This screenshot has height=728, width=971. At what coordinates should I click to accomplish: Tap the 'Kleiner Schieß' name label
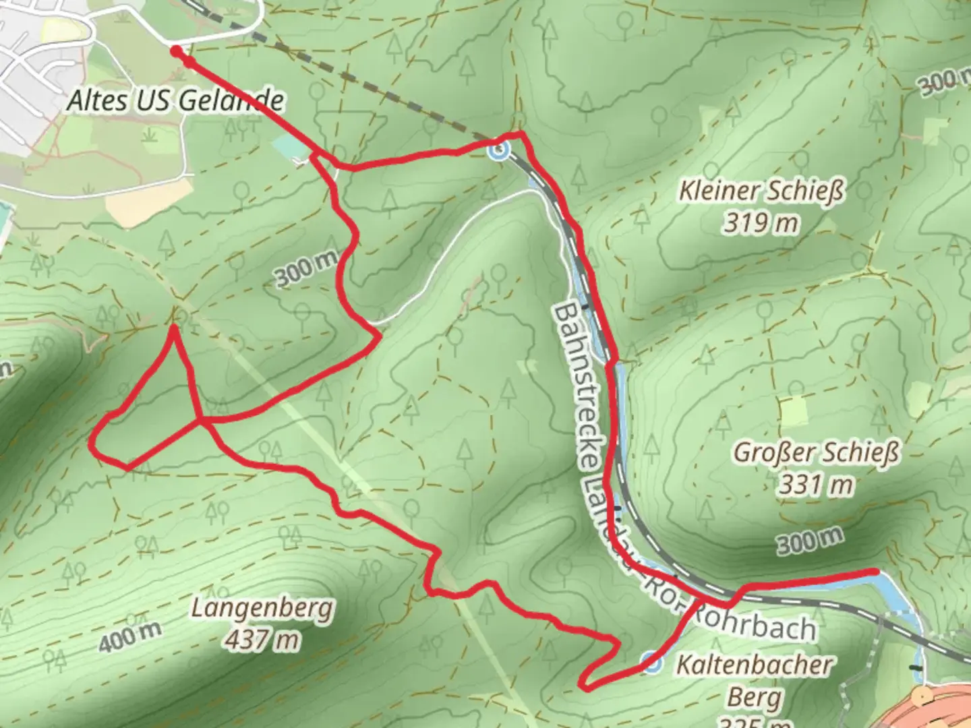pos(761,191)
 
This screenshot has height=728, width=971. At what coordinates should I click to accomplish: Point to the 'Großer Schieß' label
pos(816,452)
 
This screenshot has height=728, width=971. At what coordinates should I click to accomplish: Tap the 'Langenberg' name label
pos(262,608)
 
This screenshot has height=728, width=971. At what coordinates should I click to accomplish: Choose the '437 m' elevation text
pos(262,639)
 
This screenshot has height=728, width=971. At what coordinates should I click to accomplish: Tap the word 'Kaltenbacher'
pos(754,665)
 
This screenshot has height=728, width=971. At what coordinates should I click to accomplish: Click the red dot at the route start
pos(175,51)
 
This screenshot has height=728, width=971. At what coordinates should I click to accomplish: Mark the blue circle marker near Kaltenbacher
pos(650,663)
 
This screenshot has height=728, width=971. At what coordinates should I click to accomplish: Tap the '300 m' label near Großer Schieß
pos(809,541)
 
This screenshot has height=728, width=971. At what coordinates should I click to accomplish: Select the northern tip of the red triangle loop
pos(174,328)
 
